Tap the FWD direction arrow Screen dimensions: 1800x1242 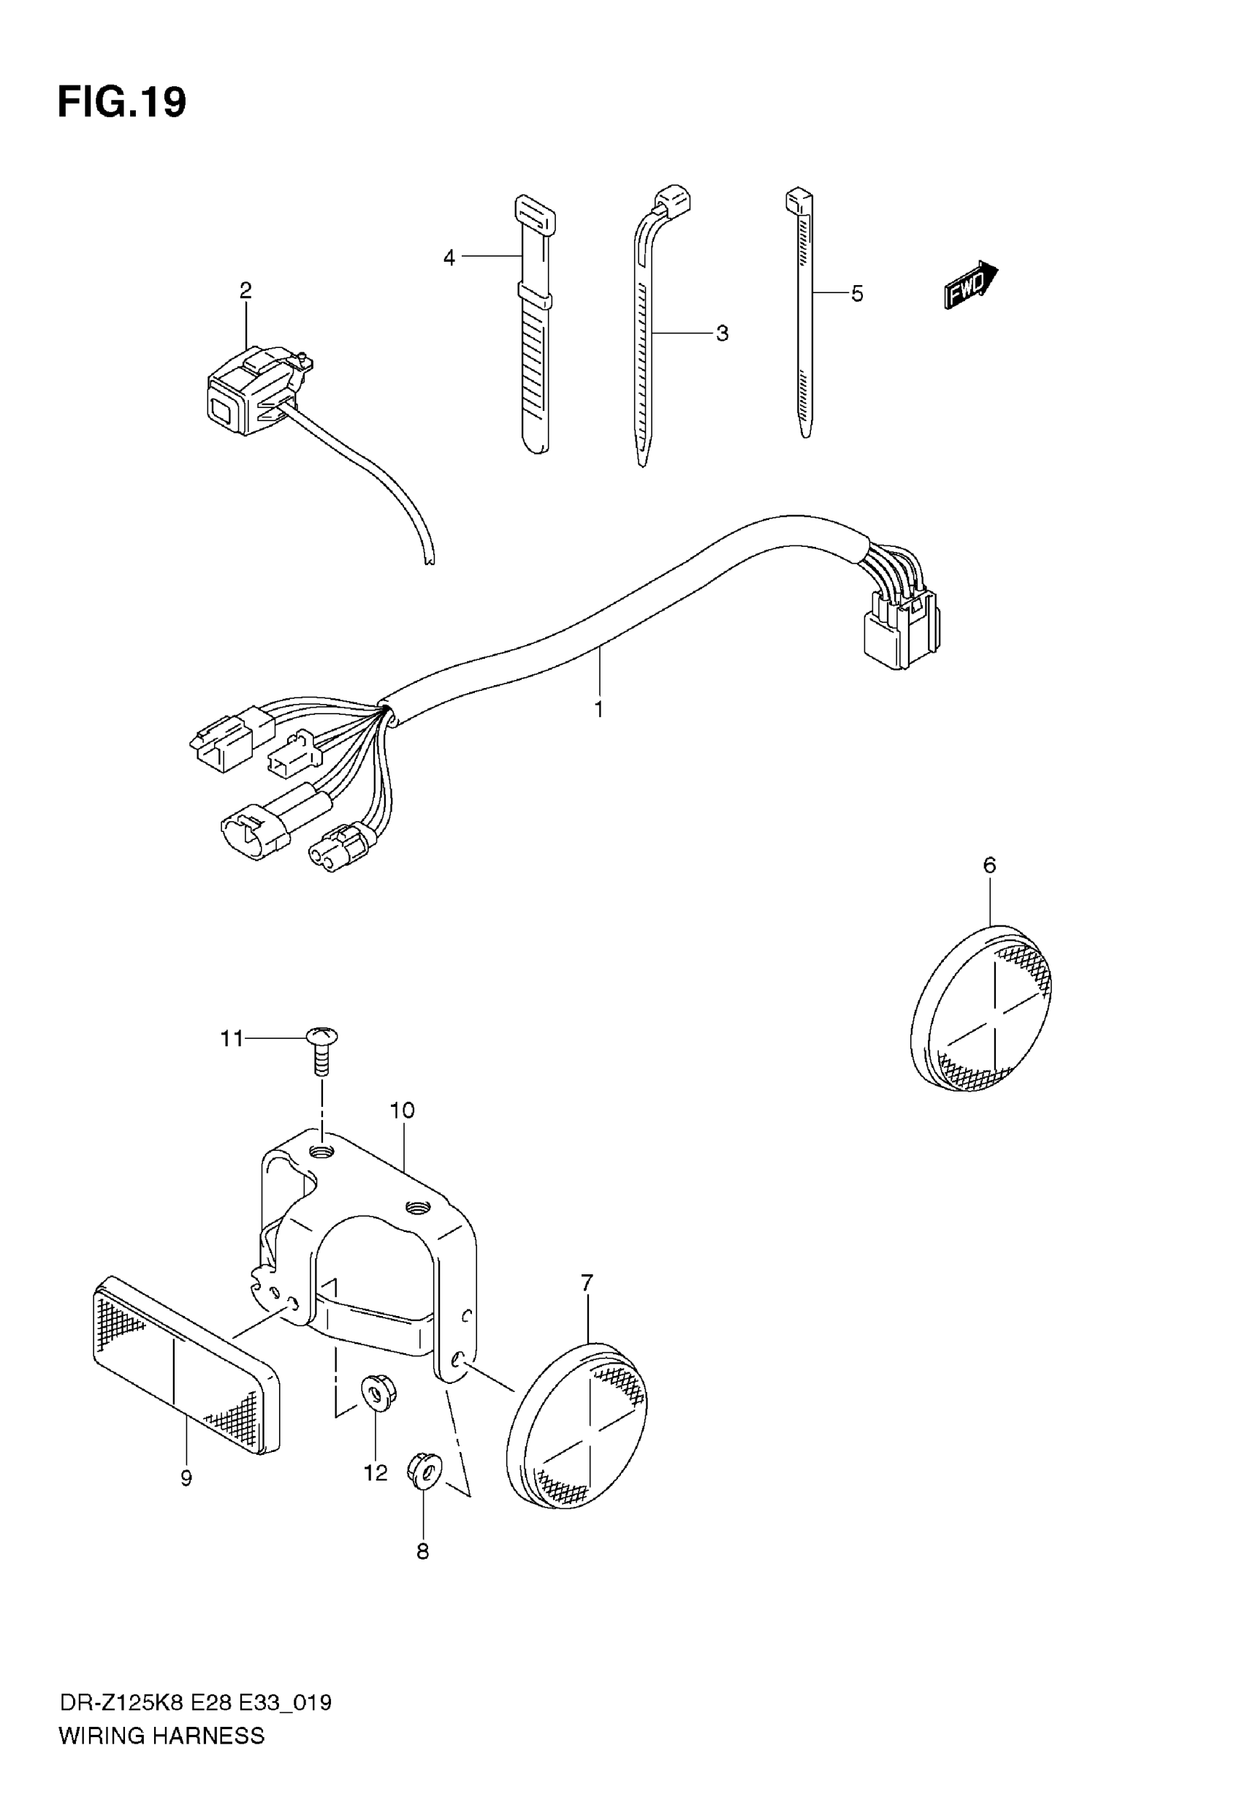970,285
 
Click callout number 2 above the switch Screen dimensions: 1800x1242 246,290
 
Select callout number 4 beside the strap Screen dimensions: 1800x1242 449,257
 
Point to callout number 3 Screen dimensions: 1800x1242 722,333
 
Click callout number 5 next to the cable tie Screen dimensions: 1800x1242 857,295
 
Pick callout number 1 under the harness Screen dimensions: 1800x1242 598,709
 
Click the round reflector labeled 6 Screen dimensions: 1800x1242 982,1008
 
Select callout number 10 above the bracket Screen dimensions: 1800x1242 403,1111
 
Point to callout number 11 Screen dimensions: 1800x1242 232,1039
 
